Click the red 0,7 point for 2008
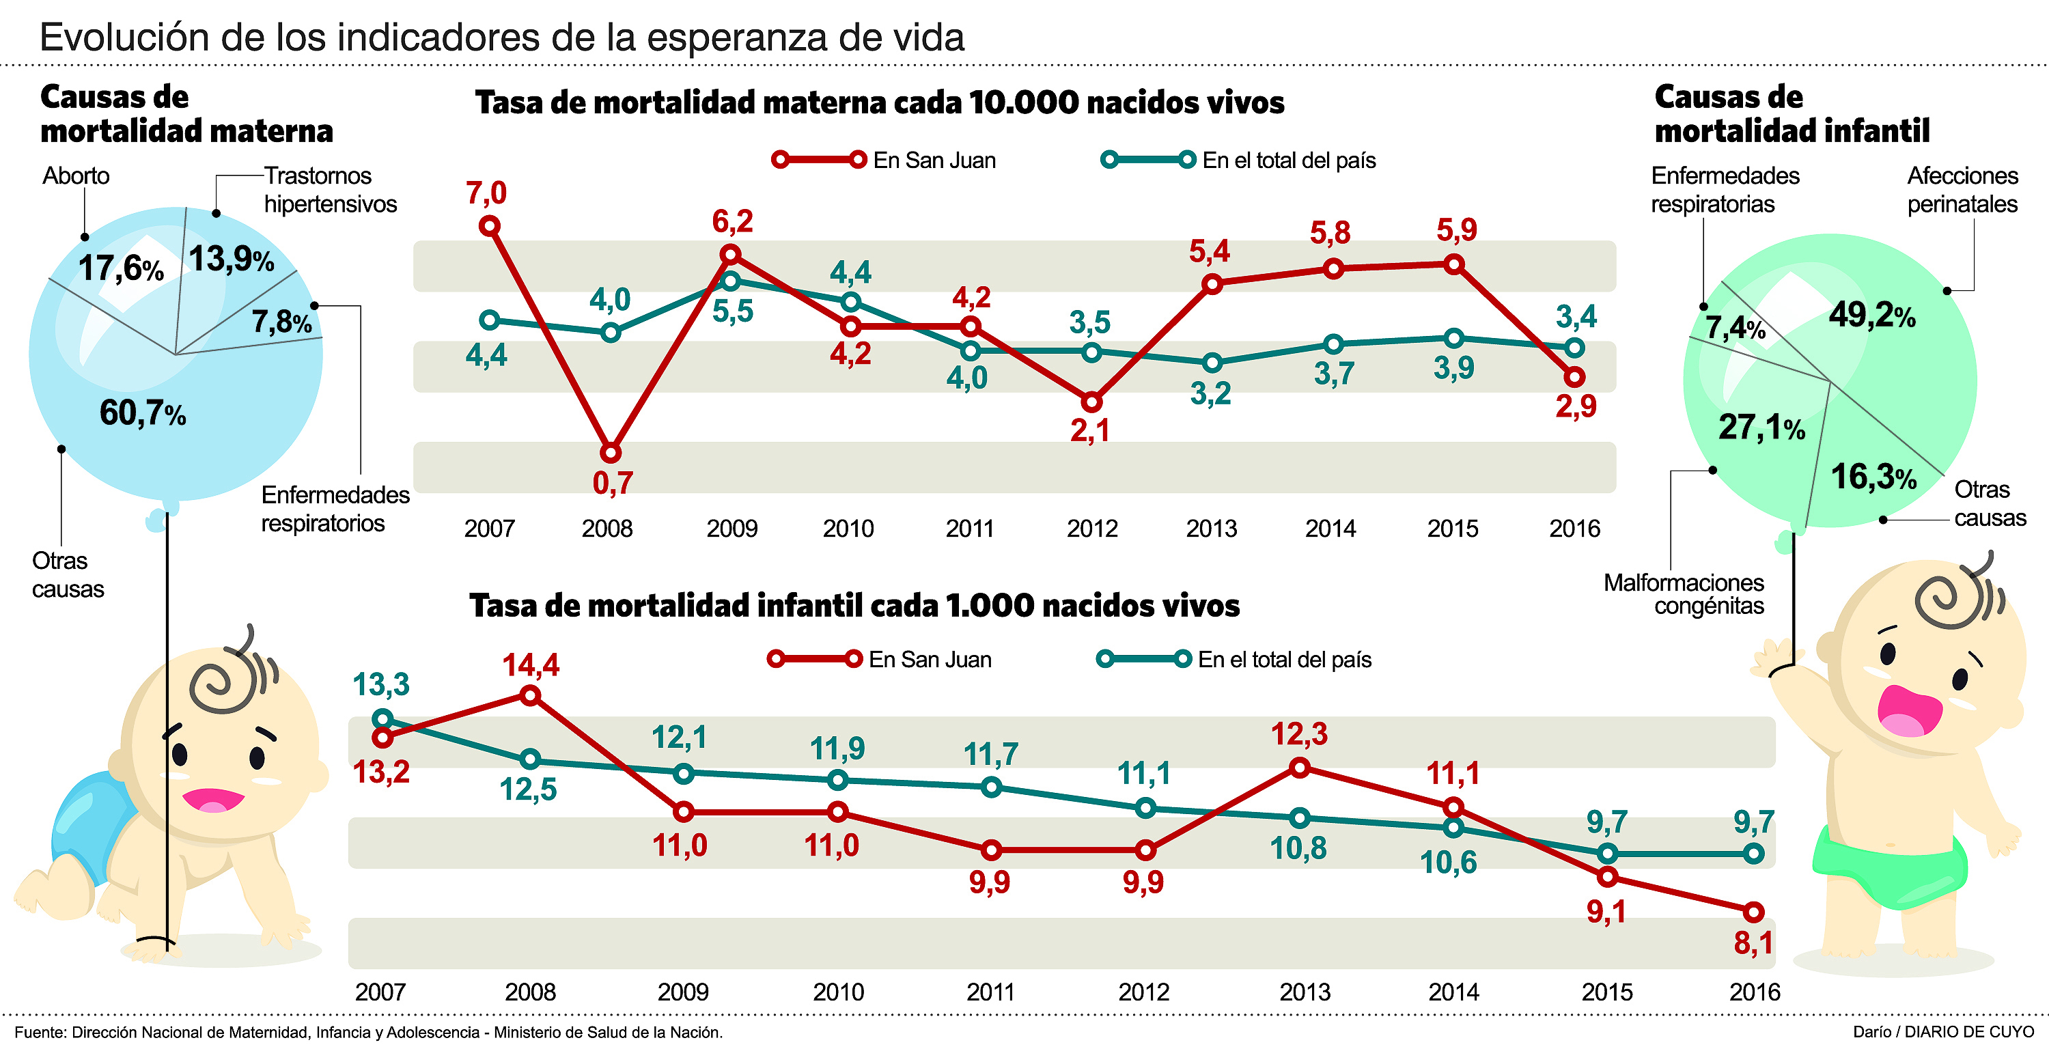pos(610,453)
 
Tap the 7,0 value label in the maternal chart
pos(486,193)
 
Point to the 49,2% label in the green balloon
pos(1871,316)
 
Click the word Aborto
pos(76,176)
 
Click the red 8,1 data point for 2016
pos(1753,912)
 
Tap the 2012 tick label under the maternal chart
pos(1091,529)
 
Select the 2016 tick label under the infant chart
pos(1754,992)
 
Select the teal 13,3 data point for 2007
pos(382,720)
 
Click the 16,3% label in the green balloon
pos(1873,477)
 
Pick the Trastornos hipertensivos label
pos(330,190)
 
